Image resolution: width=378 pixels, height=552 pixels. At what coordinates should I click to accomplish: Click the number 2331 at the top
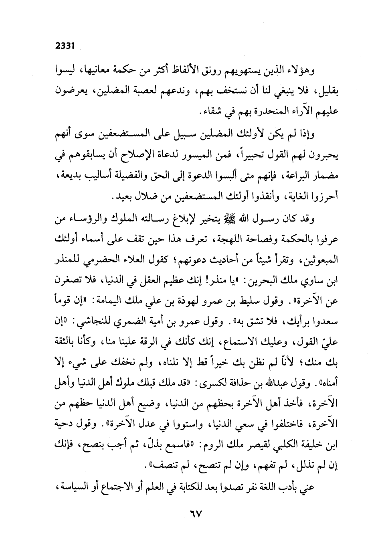[x=66, y=46]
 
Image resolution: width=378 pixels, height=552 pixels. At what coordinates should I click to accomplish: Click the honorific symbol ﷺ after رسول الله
[x=241, y=219]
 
